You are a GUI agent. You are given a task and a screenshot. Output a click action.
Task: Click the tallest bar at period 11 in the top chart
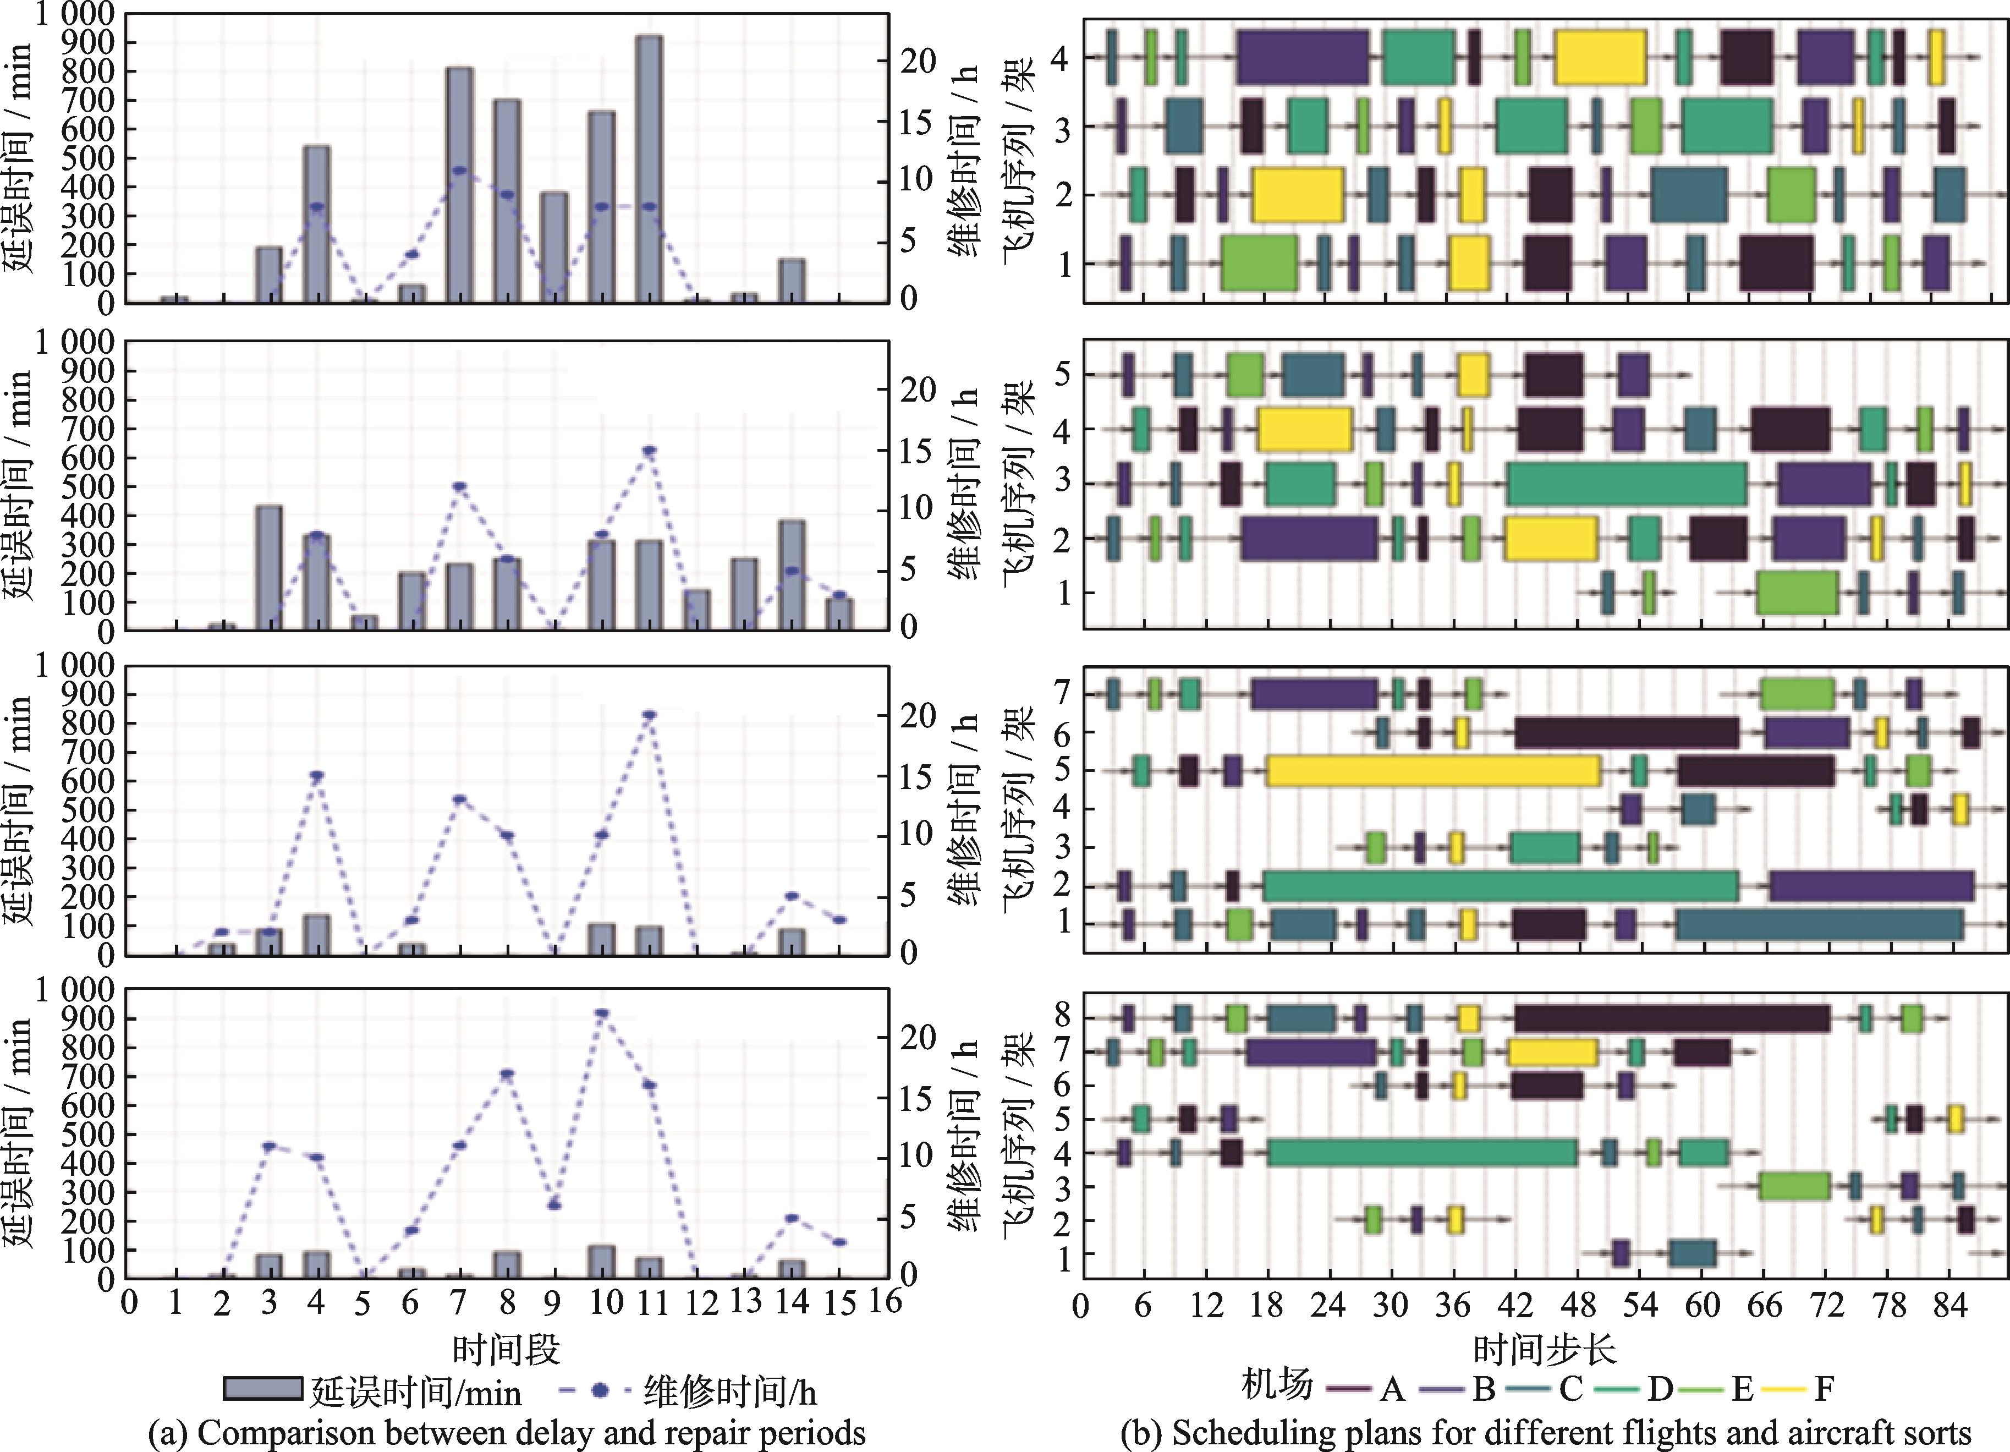(649, 168)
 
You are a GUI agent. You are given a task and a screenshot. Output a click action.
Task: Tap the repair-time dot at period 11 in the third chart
(649, 715)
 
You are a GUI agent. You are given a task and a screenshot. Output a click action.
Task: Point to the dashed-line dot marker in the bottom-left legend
(600, 1390)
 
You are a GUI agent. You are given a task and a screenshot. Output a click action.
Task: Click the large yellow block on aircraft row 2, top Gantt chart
(1298, 194)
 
